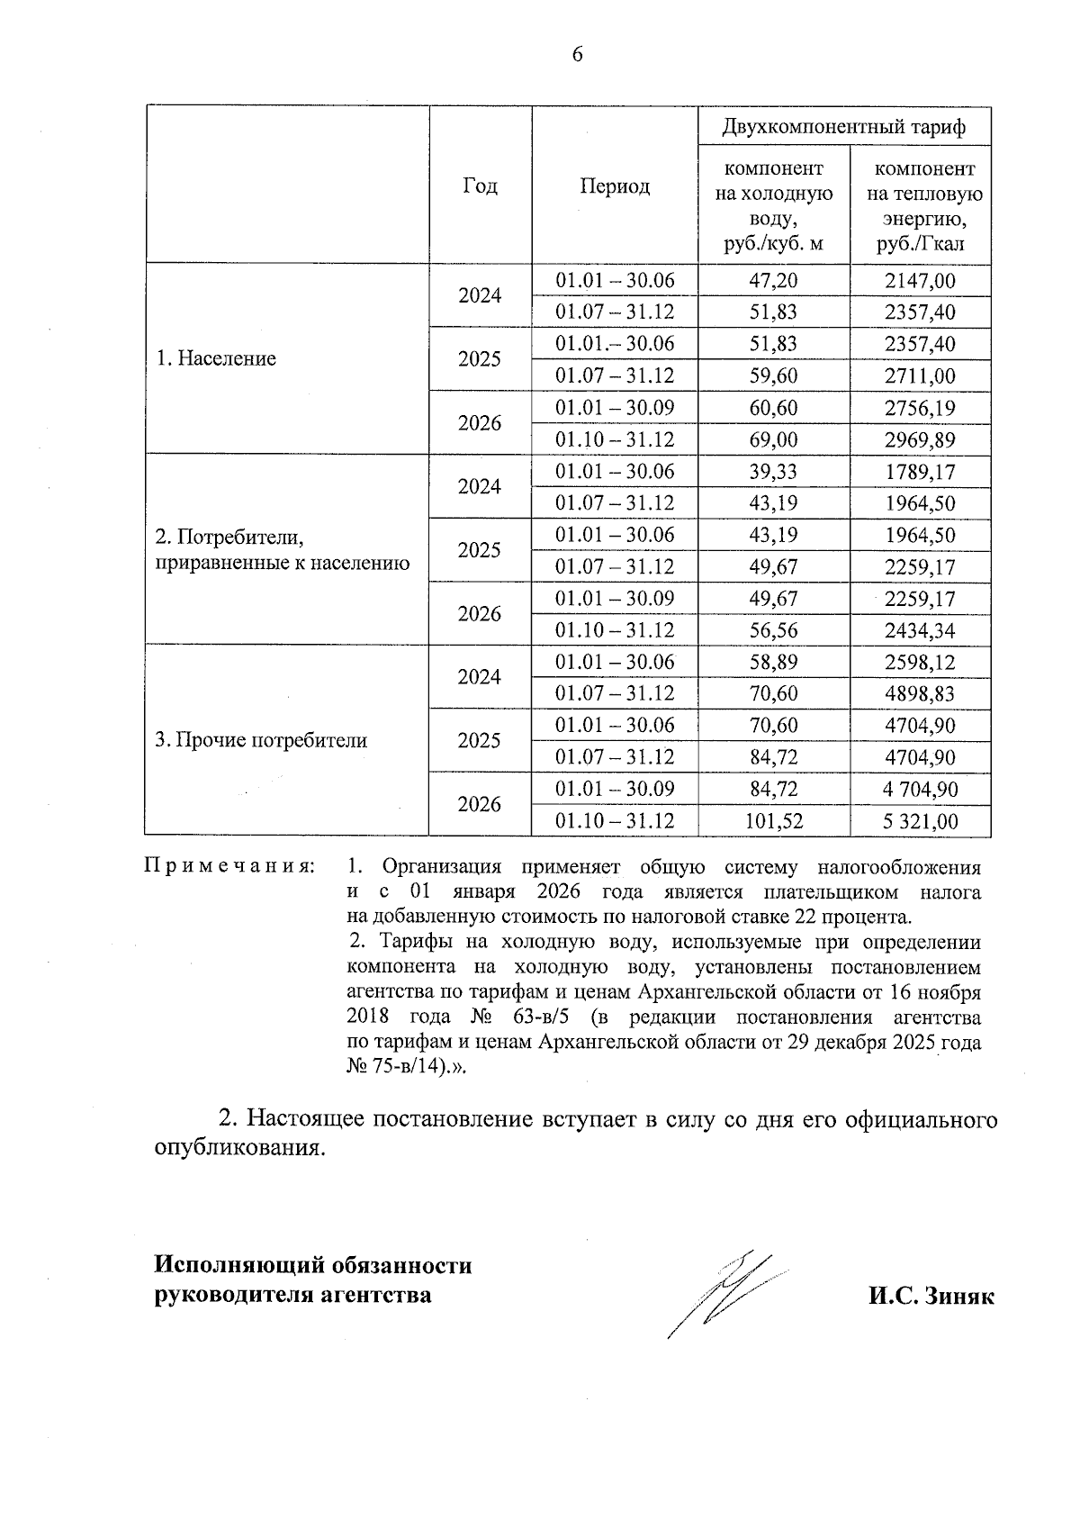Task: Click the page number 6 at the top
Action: pyautogui.click(x=577, y=55)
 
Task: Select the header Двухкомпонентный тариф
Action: pyautogui.click(x=844, y=127)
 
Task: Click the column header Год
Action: pyautogui.click(x=480, y=186)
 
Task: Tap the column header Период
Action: pyautogui.click(x=614, y=186)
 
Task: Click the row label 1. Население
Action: pyautogui.click(x=216, y=358)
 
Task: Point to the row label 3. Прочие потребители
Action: pyautogui.click(x=261, y=740)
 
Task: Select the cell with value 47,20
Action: pyautogui.click(x=773, y=280)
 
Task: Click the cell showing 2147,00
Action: pyautogui.click(x=920, y=280)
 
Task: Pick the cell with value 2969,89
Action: pyautogui.click(x=920, y=440)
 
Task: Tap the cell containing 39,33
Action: pyautogui.click(x=773, y=472)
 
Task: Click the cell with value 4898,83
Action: pyautogui.click(x=920, y=694)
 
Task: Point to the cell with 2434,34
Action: pyautogui.click(x=920, y=630)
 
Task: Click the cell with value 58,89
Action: pyautogui.click(x=773, y=663)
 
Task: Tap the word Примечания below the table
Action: pyautogui.click(x=230, y=867)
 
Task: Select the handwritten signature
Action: pyautogui.click(x=724, y=1292)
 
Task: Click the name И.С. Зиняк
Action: pyautogui.click(x=931, y=1296)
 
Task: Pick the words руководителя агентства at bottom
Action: pyautogui.click(x=292, y=1296)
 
